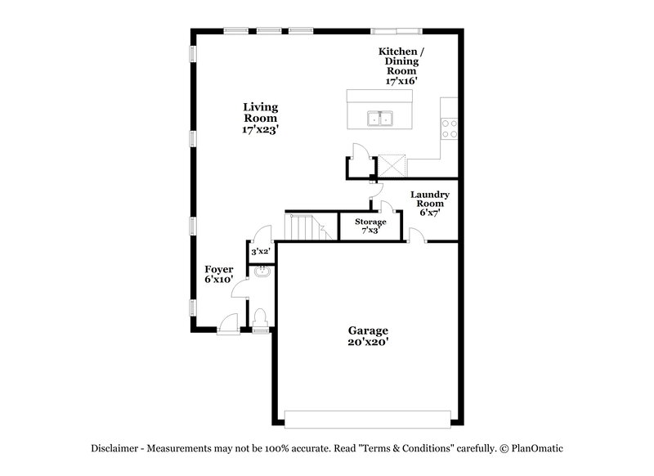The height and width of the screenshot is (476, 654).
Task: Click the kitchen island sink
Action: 379,119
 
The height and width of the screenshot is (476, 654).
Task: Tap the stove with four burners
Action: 449,128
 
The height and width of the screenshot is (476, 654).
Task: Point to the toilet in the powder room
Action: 260,317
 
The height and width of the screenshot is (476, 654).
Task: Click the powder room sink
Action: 262,272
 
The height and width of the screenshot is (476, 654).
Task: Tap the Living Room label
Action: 261,118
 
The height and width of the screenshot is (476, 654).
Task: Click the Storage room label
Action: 370,226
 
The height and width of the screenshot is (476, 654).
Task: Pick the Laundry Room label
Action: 429,203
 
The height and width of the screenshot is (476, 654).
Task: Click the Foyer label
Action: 219,274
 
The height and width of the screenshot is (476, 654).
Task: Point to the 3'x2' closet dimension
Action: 261,252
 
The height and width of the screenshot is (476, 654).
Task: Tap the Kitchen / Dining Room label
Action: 401,66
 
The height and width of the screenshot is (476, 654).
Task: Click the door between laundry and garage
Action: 415,236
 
